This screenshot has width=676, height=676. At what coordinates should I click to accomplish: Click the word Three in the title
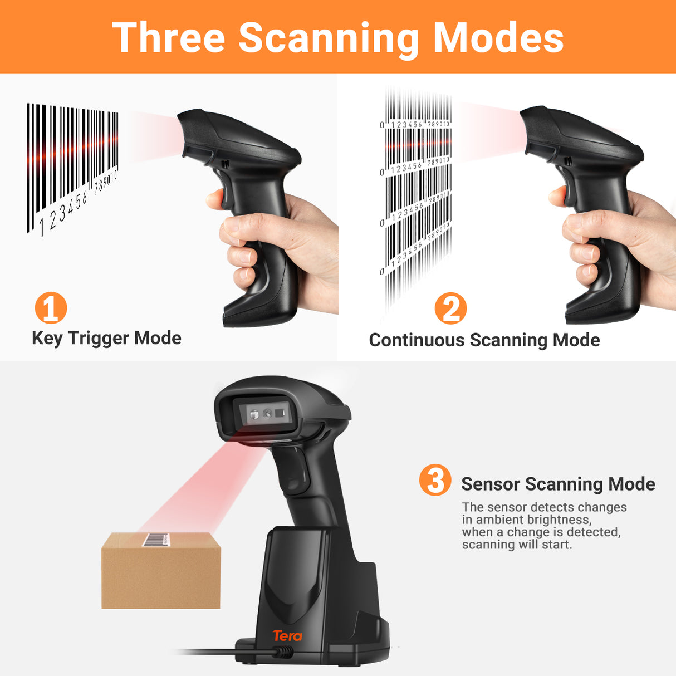(169, 38)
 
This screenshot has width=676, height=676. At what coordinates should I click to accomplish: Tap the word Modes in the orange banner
(498, 38)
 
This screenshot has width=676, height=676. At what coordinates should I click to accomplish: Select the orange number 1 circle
(51, 308)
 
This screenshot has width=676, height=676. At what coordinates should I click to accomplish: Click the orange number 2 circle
(450, 308)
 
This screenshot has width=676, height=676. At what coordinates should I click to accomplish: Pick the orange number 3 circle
(435, 480)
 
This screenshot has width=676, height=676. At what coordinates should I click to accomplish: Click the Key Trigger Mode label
(106, 338)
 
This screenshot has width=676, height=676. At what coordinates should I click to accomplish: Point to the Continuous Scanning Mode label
(484, 340)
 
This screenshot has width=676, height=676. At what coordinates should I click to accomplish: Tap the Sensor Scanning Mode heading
(558, 484)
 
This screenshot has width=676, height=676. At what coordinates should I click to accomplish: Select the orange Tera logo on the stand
(287, 635)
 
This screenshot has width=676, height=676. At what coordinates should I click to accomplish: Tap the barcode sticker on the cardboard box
(156, 540)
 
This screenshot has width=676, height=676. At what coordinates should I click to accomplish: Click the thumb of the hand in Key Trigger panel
(215, 199)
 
